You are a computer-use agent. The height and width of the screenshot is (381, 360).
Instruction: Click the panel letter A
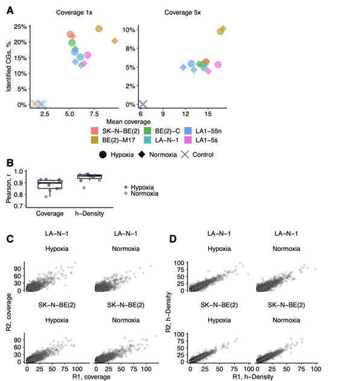[10, 9]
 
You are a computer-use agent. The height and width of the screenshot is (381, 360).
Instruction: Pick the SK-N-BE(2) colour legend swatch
[95, 130]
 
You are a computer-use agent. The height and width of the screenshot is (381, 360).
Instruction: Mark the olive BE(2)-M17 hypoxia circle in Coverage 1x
[99, 28]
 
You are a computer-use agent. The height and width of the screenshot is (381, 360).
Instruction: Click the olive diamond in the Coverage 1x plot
[115, 41]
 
